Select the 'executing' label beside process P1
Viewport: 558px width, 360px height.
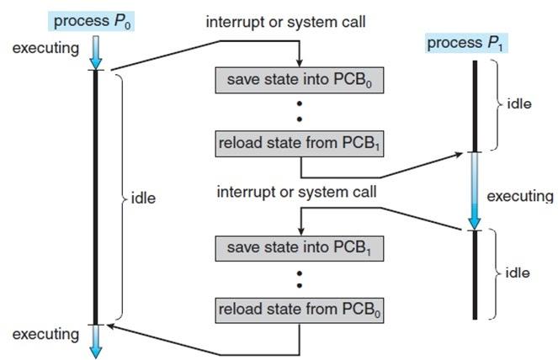[x=519, y=197]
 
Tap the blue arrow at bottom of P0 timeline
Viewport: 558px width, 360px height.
[x=95, y=341]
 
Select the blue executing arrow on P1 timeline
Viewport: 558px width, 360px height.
[x=476, y=190]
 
